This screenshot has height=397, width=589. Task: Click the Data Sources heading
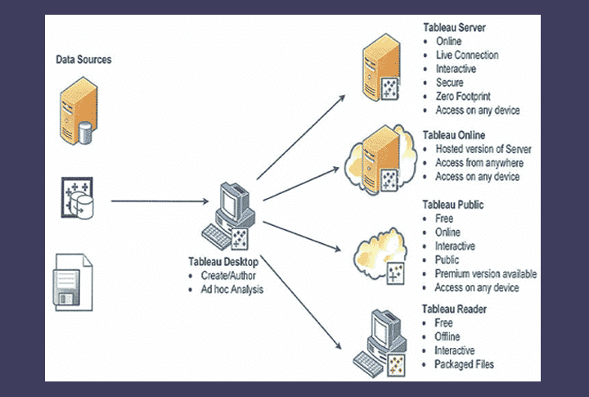(83, 60)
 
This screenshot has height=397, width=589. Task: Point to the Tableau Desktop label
(224, 262)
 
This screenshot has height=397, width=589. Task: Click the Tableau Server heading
(454, 28)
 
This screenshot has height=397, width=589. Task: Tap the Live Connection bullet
(466, 55)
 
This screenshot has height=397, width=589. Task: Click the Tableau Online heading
(454, 135)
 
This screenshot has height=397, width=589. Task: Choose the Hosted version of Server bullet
(483, 149)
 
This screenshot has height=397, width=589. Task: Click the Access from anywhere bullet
(478, 163)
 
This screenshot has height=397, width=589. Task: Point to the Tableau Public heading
(453, 205)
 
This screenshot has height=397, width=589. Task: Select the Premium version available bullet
(485, 274)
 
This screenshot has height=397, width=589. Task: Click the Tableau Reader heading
(455, 309)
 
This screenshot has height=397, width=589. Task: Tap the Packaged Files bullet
(464, 364)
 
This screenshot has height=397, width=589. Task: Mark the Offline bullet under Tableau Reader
(447, 336)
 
